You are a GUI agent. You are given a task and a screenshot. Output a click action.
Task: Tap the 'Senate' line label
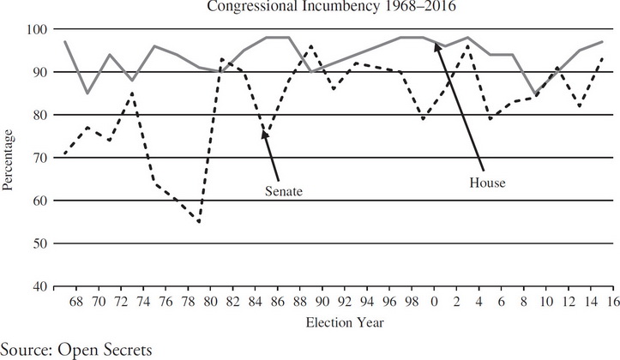[285, 191]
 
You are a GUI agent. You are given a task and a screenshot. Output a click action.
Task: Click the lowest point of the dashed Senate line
[199, 222]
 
